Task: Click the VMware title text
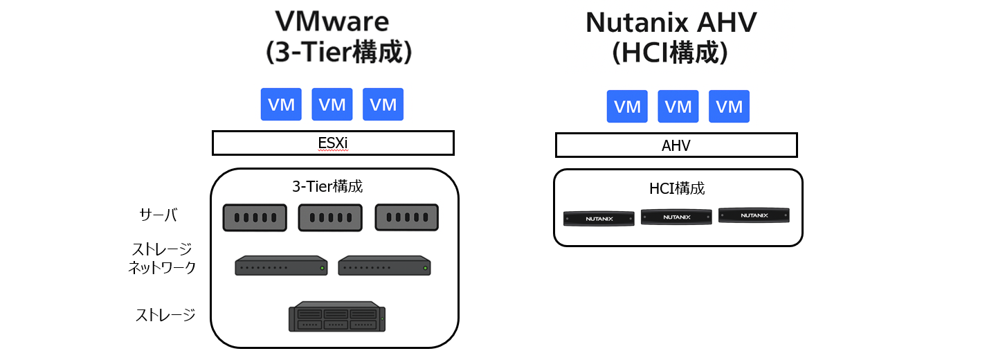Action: click(332, 23)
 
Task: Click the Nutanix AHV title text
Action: click(671, 23)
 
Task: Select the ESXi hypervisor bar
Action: click(332, 143)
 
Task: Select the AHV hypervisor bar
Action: click(676, 145)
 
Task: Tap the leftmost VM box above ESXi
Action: click(281, 105)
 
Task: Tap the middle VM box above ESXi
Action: click(332, 105)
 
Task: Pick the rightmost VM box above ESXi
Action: click(383, 105)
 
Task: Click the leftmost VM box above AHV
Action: click(627, 107)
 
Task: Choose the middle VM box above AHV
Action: click(678, 107)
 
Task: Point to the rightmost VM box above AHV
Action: click(729, 107)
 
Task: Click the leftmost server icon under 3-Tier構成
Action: click(255, 217)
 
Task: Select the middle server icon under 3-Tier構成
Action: click(330, 217)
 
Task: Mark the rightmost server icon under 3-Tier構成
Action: click(406, 217)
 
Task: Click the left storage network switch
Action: click(281, 266)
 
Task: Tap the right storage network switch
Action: click(384, 266)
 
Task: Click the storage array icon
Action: click(337, 316)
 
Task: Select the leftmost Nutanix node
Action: click(599, 218)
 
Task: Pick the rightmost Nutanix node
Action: click(754, 215)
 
